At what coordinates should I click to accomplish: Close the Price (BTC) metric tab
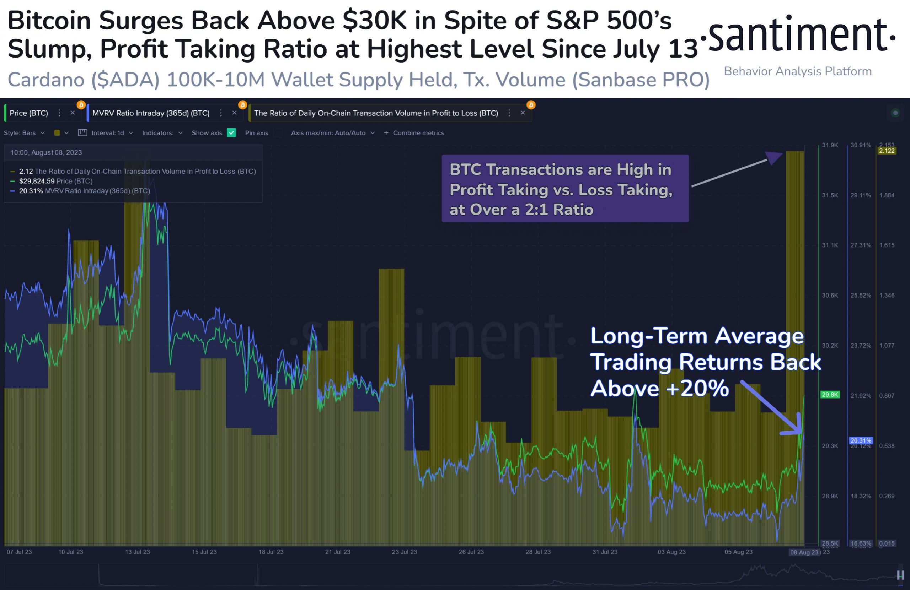[73, 113]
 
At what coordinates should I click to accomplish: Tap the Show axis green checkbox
[231, 133]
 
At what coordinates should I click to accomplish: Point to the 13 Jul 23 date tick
[138, 552]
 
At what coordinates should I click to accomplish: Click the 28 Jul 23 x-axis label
[538, 552]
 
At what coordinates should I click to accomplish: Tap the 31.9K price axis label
[830, 145]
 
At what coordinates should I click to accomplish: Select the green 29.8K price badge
[830, 394]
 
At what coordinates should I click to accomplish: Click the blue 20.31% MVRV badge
[861, 440]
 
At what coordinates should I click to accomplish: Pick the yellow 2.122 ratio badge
[887, 151]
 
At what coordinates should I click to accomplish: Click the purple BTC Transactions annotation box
[565, 188]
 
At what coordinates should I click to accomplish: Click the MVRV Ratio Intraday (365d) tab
[151, 113]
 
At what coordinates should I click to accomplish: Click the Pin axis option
[257, 133]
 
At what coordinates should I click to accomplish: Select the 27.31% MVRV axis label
[861, 245]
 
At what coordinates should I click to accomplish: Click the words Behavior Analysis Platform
[798, 71]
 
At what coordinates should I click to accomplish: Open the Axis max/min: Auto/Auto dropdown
[332, 133]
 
